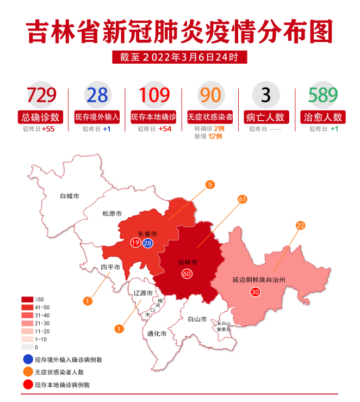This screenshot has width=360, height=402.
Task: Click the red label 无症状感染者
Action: click(210, 117)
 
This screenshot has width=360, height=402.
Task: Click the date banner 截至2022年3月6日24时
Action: click(179, 57)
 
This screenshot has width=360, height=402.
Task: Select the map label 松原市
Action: click(112, 214)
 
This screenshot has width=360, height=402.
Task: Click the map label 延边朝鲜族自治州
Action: click(259, 280)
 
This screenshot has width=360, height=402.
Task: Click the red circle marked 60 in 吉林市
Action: click(187, 274)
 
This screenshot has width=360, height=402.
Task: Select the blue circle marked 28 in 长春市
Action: click(147, 243)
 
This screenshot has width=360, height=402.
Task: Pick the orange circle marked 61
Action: click(242, 200)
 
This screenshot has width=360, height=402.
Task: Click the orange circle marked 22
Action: click(300, 225)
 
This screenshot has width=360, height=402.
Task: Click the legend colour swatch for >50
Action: click(28, 299)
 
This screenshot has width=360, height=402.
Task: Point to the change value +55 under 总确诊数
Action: click(48, 129)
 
